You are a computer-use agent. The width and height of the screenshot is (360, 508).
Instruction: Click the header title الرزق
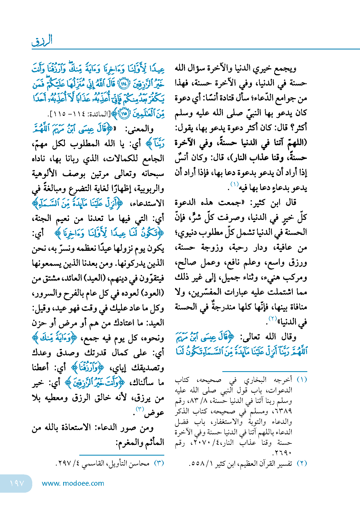coord(42,41)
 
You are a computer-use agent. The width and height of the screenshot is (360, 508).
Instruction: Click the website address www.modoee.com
coord(73,483)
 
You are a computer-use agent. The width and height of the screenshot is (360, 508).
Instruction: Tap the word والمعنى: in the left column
coord(139,129)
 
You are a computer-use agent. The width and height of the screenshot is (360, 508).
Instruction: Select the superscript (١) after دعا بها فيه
coord(234,184)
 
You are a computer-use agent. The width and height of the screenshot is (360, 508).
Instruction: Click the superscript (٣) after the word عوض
coord(140,409)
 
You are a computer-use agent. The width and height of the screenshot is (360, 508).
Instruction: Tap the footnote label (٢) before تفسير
coord(302,463)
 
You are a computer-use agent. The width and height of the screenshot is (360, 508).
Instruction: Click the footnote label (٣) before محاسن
coord(159,463)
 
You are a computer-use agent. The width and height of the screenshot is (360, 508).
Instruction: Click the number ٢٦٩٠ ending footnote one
coord(282,453)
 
